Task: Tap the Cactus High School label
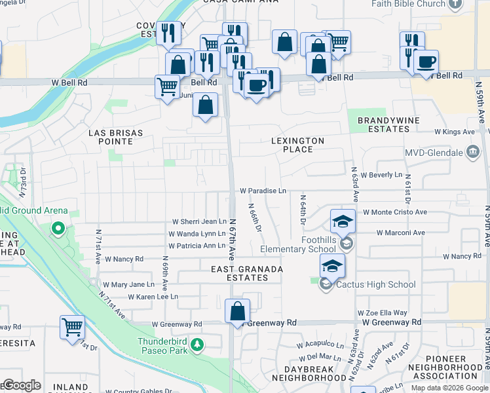click(x=375, y=284)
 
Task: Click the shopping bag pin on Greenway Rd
click(x=237, y=311)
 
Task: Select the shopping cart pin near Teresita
click(x=72, y=327)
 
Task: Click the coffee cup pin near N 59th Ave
click(x=425, y=62)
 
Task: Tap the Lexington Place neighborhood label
click(x=298, y=145)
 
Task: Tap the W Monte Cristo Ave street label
click(x=394, y=212)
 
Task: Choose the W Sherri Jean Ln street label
click(x=198, y=222)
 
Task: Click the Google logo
click(x=22, y=385)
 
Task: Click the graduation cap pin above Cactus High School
click(x=332, y=266)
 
